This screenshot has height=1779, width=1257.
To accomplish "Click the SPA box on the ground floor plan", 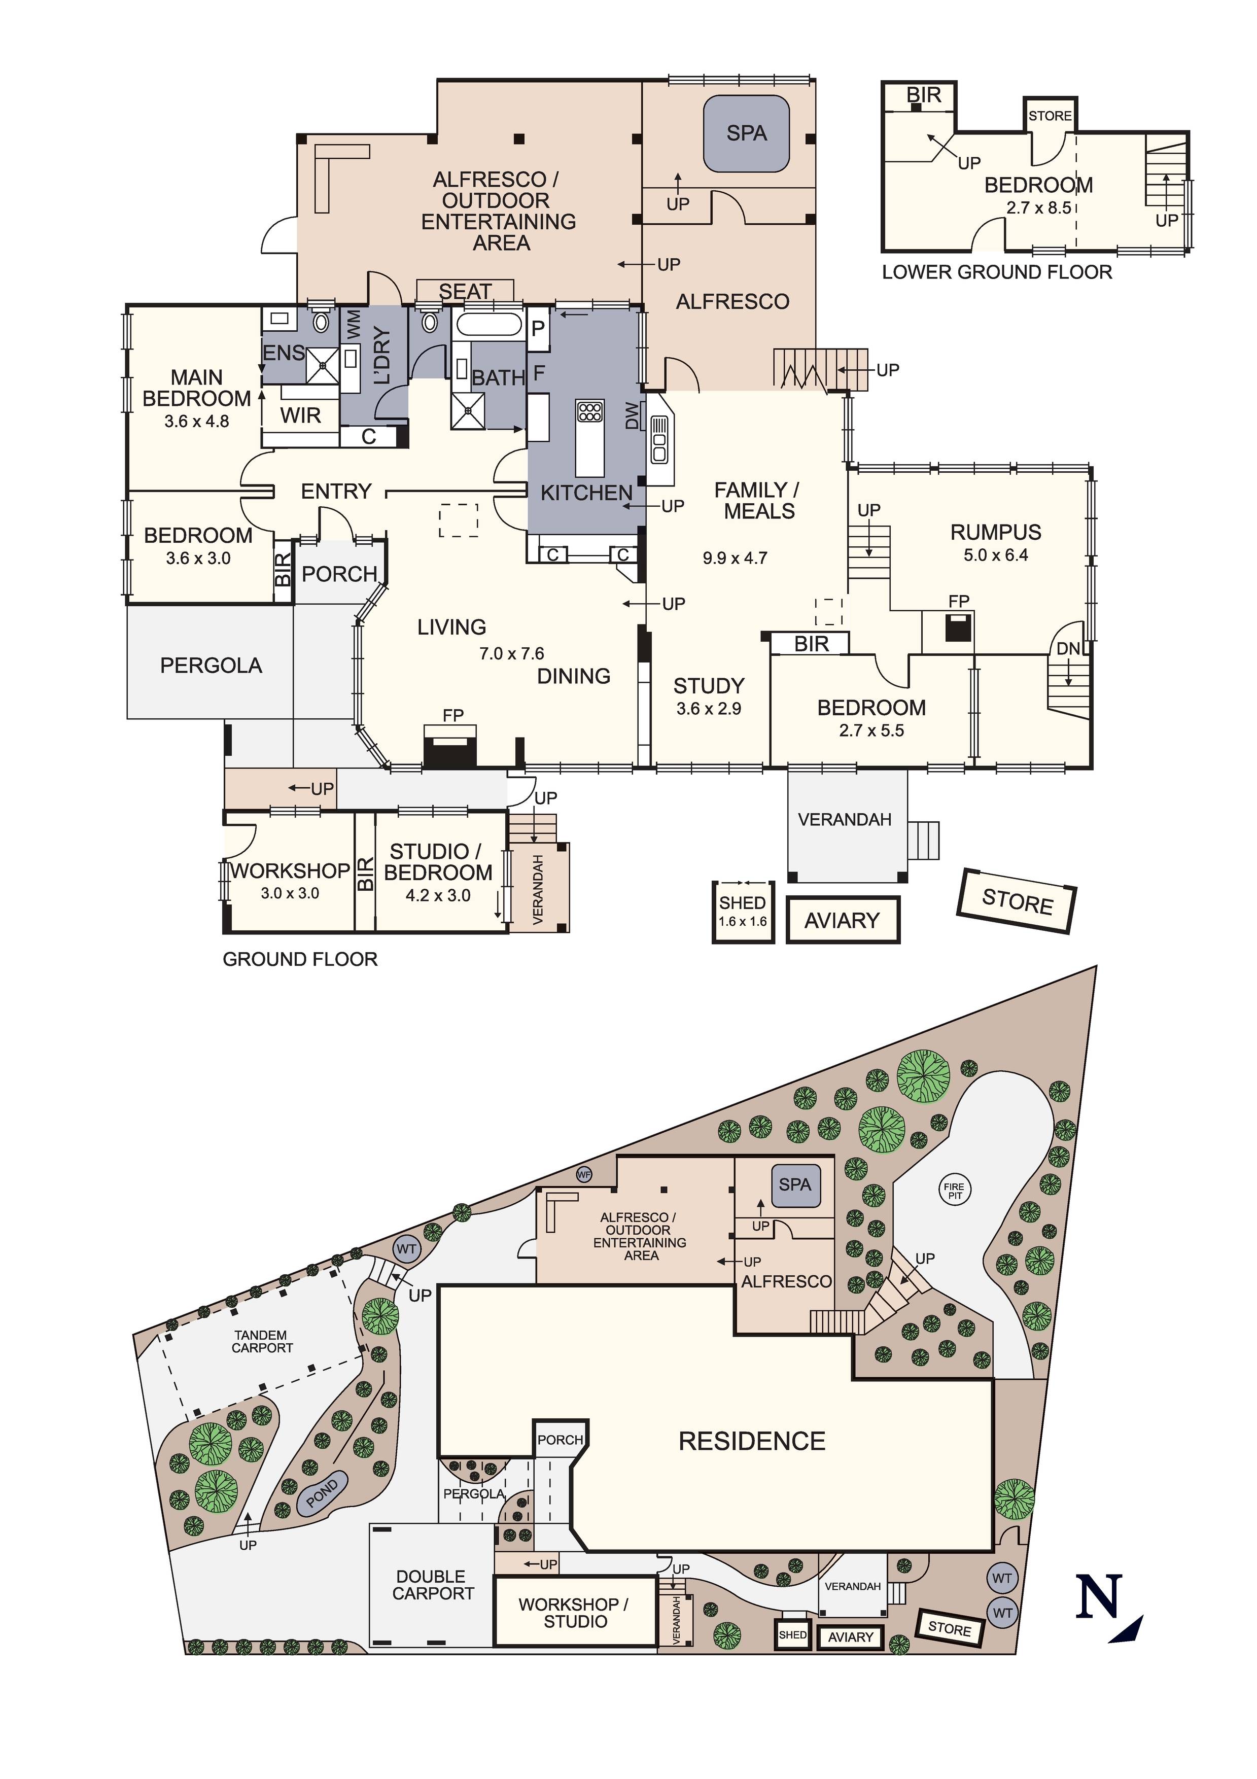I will coord(746,133).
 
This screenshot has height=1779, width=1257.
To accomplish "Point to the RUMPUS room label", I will coord(995,532).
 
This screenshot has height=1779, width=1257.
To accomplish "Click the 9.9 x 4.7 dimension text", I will coord(735,558).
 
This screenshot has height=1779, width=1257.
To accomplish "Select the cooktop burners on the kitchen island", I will coord(590,411).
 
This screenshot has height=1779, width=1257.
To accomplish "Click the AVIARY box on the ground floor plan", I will coord(843,921).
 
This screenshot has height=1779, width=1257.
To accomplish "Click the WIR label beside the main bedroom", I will coord(301,416).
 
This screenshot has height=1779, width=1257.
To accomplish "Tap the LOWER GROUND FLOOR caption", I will coord(997,272).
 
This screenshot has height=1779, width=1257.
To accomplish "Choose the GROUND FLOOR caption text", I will coord(300,959).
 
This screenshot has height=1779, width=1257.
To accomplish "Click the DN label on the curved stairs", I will coord(1067,648).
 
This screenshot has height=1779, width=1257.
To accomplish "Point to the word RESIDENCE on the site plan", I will coord(752,1441).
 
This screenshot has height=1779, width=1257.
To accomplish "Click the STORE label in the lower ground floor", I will coord(1050,116).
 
